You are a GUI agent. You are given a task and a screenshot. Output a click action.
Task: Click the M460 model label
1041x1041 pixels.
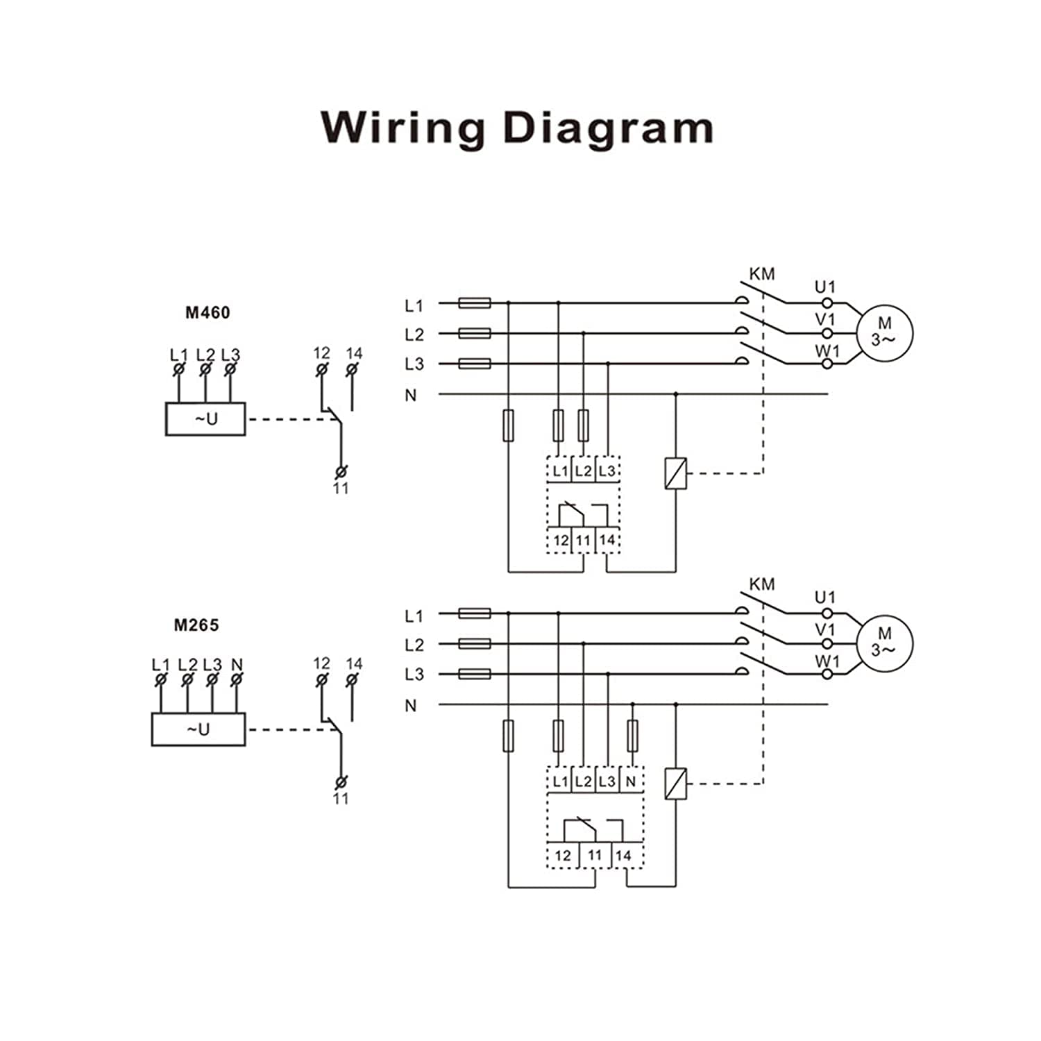[x=208, y=312]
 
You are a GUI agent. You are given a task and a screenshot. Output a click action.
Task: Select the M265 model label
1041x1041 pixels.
[x=196, y=625]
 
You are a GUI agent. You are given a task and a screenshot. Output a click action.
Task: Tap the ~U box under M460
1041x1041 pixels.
[x=205, y=419]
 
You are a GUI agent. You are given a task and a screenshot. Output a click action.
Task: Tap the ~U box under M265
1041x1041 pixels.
[x=198, y=729]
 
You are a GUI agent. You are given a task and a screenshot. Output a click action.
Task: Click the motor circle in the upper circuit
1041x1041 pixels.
[x=883, y=333]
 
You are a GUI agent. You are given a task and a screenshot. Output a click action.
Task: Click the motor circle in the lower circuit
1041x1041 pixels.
[x=883, y=643]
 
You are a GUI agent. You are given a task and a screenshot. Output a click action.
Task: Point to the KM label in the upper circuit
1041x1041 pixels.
[x=762, y=274]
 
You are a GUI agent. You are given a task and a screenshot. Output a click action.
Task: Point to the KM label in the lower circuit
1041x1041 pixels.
[x=762, y=584]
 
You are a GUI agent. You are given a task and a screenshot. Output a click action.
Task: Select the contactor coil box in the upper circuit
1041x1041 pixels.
[x=676, y=474]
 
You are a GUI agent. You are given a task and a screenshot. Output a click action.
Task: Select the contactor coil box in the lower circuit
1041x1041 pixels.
[x=676, y=784]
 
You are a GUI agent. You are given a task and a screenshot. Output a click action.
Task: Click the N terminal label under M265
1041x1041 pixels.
[x=237, y=664]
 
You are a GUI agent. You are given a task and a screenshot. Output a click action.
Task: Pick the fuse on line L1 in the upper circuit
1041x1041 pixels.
[x=475, y=303]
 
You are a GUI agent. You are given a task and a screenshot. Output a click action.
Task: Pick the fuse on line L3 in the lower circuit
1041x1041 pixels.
[x=475, y=674]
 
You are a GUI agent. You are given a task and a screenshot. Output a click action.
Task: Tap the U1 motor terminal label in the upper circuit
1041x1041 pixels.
[x=825, y=287]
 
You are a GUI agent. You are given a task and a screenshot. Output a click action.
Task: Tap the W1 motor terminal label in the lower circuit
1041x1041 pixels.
[x=827, y=661]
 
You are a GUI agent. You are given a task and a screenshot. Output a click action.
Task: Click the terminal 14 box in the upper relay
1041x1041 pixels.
[x=607, y=540]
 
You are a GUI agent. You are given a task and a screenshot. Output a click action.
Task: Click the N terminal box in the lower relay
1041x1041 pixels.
[x=631, y=781]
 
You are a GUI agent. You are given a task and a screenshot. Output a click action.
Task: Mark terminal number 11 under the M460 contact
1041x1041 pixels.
[x=340, y=489]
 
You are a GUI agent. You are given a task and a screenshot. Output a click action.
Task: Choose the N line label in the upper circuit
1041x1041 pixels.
[x=411, y=396]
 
